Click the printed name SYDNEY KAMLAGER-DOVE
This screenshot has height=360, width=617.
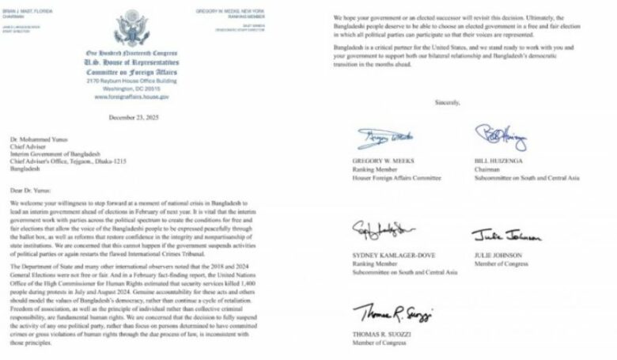click(395, 255)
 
